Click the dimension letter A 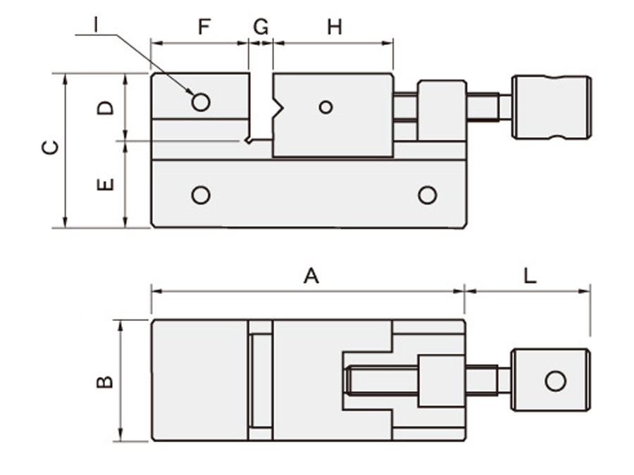[x=311, y=276]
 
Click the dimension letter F [x=204, y=27]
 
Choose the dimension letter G [x=261, y=27]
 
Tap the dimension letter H [x=334, y=27]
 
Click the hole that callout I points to [x=201, y=103]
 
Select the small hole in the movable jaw [x=325, y=107]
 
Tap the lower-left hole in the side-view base [x=201, y=195]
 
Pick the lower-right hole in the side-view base [x=427, y=195]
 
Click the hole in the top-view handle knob [x=555, y=381]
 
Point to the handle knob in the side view [x=551, y=107]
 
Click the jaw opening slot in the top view [x=261, y=381]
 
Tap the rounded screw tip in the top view [x=349, y=381]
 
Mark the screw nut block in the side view [x=442, y=110]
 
